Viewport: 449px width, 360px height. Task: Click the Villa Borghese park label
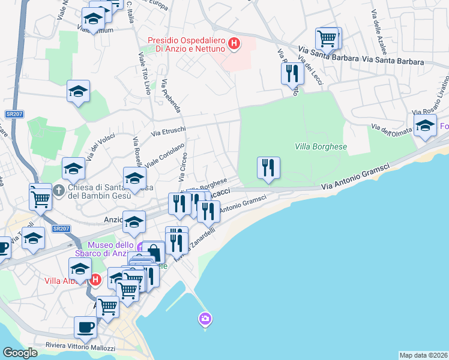point(321,146)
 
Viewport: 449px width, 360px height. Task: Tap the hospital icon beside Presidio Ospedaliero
point(235,44)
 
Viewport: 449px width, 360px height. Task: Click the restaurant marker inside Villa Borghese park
point(268,167)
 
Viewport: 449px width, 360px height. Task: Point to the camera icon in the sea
point(205,318)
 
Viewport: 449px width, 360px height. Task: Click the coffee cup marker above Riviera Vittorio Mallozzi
point(85,328)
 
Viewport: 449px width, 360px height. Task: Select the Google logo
point(20,353)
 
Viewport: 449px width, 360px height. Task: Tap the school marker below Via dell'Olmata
point(425,127)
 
